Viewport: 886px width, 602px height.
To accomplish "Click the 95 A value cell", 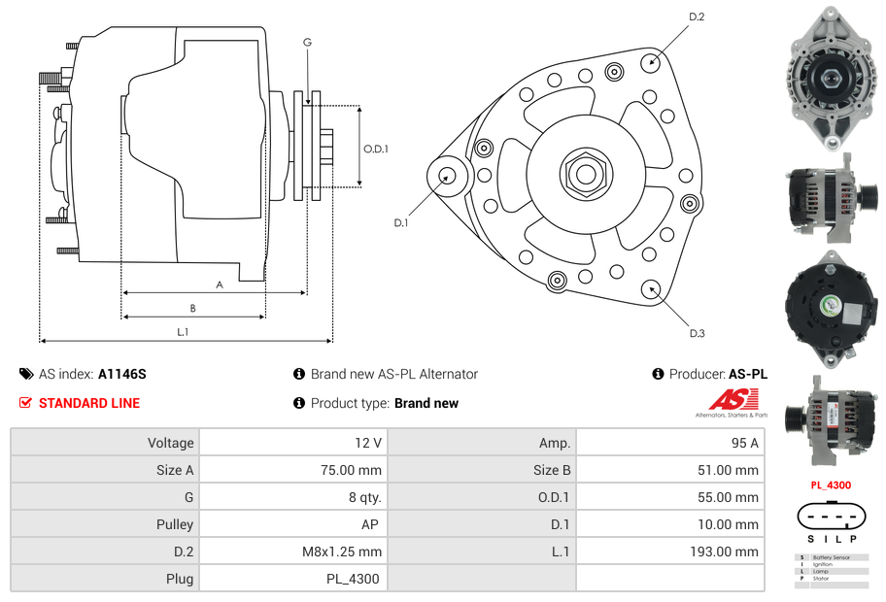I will (744, 443).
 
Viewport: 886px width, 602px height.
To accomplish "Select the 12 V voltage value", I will (367, 443).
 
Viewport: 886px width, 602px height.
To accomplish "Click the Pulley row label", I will (176, 524).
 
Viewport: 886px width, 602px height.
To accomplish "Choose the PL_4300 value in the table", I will (353, 579).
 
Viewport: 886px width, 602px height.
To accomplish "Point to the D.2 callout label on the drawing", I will (697, 17).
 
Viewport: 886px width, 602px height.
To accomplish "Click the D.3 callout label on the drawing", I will (697, 333).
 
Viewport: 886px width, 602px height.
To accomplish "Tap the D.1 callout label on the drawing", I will (400, 222).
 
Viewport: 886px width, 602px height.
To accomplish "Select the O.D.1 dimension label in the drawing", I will (376, 149).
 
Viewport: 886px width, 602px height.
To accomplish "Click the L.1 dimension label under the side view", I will (183, 332).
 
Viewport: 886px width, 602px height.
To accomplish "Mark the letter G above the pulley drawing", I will (307, 42).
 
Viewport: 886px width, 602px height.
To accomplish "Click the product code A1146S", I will (121, 374).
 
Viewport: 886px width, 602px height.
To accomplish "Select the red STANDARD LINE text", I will (89, 403).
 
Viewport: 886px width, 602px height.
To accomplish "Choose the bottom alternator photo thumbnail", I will (831, 413).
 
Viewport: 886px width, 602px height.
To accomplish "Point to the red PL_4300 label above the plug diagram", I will (831, 485).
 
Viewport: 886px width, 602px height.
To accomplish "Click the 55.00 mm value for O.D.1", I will (733, 497).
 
